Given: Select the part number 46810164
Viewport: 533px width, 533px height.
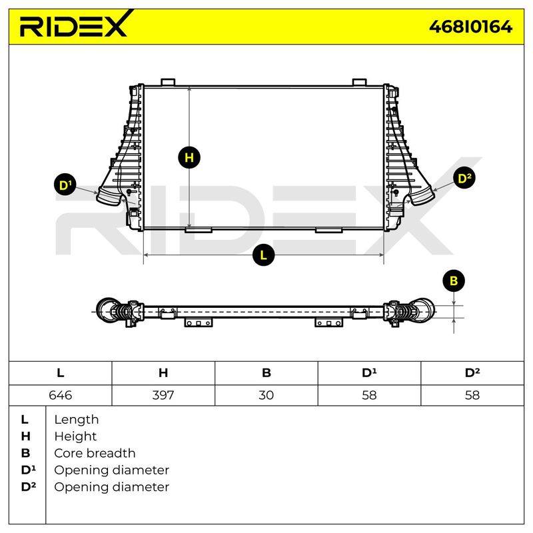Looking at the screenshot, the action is tap(470, 27).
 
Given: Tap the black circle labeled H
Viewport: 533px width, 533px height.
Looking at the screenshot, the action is tap(189, 158).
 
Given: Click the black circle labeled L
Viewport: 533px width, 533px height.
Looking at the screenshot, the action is tap(263, 255).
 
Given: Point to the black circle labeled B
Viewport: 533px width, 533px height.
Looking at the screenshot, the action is tap(454, 281).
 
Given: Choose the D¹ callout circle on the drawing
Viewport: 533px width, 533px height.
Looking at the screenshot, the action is tap(65, 185).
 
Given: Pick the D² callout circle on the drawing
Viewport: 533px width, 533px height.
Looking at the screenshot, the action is tap(464, 179).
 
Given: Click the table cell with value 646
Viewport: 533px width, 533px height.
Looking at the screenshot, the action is tap(61, 395).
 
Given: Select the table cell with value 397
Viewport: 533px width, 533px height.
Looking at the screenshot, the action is tap(163, 395).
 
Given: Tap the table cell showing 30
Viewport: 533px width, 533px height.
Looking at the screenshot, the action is tap(266, 395).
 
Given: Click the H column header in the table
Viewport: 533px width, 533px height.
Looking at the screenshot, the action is tap(163, 373).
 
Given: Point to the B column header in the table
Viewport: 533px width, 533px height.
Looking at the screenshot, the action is tap(266, 373).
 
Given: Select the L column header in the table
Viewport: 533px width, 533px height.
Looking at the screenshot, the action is tap(61, 373).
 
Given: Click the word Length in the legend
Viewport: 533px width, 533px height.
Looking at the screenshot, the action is tap(77, 420).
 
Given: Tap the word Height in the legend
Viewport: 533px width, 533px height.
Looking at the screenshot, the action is tap(75, 436).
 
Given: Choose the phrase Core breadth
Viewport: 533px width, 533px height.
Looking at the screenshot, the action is tap(95, 453).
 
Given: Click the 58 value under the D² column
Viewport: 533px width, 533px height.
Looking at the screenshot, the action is tap(472, 395).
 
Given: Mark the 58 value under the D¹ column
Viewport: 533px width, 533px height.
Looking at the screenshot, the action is tap(369, 395).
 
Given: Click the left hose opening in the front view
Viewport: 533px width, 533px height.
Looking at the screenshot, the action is tap(109, 197).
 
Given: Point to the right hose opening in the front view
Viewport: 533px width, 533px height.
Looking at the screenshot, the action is tap(422, 198).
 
